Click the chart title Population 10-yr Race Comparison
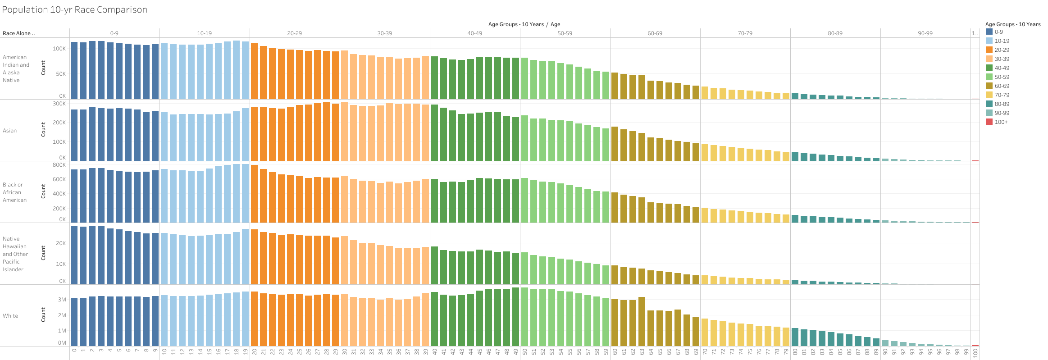tap(75, 10)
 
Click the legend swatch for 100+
tap(989, 122)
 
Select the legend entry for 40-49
tap(1002, 68)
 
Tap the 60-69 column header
tap(655, 33)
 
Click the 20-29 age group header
tap(294, 33)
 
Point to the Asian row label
tap(10, 131)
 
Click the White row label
tap(10, 316)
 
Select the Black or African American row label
tap(14, 192)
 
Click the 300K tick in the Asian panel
tap(59, 104)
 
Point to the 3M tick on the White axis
tap(62, 300)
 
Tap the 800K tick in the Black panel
tap(59, 165)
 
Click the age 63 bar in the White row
tap(642, 322)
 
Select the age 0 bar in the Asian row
tap(74, 135)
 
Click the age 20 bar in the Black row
tap(254, 194)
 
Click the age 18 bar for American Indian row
tap(236, 70)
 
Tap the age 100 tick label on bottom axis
tap(975, 353)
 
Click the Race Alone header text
tap(18, 33)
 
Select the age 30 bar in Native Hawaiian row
tap(344, 260)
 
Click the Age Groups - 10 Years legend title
tap(1013, 24)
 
